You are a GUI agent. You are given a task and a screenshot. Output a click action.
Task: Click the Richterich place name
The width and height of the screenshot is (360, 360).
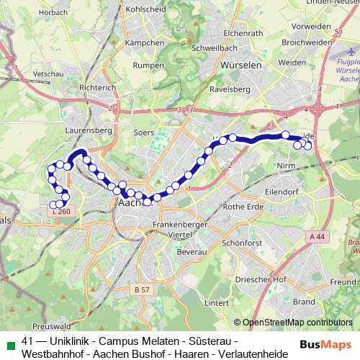click(x=97, y=87)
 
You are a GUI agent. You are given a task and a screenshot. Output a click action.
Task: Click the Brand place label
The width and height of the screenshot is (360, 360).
click(x=304, y=302)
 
